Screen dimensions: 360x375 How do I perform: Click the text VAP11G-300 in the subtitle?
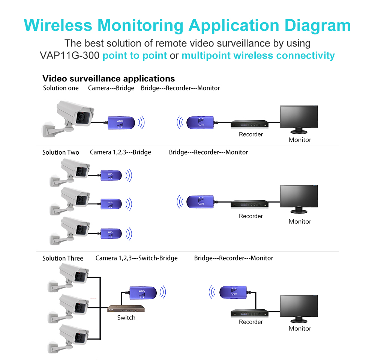69,56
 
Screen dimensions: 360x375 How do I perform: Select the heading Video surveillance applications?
108,78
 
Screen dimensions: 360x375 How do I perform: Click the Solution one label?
61,88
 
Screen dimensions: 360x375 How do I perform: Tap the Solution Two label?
61,152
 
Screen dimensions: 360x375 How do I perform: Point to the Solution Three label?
63,258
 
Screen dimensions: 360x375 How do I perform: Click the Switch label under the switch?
126,318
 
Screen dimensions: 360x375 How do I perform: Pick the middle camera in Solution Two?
75,199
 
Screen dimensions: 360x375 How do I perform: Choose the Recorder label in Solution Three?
251,322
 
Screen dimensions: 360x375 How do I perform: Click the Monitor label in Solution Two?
300,221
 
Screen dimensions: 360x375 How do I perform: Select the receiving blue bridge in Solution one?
200,122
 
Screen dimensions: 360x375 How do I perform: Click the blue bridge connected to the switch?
142,292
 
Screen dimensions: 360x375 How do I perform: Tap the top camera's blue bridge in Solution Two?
111,175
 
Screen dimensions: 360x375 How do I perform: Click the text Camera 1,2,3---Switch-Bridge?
136,258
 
